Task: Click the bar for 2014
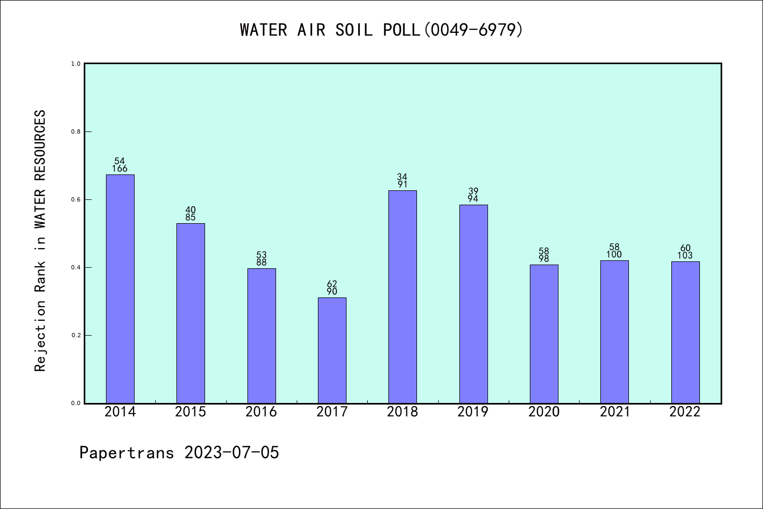(x=120, y=289)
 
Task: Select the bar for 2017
(x=332, y=350)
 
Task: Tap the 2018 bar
(x=402, y=297)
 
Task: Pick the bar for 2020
(x=544, y=334)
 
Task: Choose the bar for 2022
(x=685, y=332)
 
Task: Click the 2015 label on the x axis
(x=190, y=412)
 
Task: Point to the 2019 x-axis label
(x=473, y=412)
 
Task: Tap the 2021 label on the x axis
(x=615, y=412)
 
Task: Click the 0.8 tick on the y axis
(x=76, y=131)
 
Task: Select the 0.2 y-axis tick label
(x=76, y=335)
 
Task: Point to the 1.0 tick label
(x=76, y=64)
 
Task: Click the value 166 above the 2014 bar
(x=120, y=169)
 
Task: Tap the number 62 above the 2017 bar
(x=332, y=284)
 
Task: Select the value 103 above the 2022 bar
(x=685, y=256)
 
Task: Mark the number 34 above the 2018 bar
(x=402, y=177)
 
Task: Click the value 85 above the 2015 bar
(x=190, y=217)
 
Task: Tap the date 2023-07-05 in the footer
(x=232, y=453)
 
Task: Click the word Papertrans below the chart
(x=127, y=453)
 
